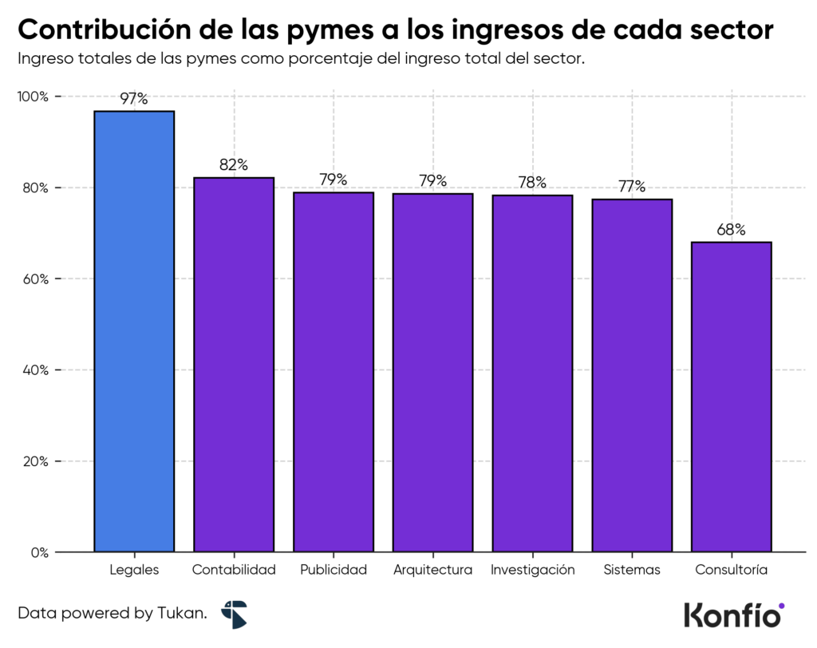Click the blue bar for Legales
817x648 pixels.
134,331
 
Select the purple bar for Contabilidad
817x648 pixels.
234,364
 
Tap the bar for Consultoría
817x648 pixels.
731,397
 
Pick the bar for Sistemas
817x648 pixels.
632,375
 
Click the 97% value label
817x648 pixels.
134,99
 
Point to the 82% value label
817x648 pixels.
234,165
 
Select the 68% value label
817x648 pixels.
731,230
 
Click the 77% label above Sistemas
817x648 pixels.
632,187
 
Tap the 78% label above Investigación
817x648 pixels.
532,183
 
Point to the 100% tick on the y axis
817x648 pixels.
34,97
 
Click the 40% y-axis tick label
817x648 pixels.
35,370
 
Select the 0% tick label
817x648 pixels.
39,552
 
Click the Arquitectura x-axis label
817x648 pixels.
432,570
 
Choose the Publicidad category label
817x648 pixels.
334,570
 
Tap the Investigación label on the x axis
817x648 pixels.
532,570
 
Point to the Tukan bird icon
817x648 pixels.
235,614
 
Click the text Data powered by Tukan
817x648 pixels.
112,614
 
